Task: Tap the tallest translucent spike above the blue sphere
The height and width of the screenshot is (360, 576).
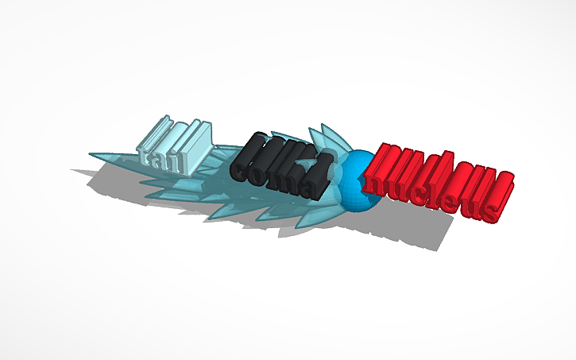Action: coord(327,134)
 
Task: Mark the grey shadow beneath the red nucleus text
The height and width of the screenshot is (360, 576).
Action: coord(421,234)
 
